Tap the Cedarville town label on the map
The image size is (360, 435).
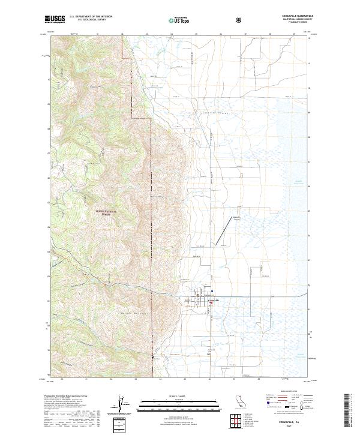pyautogui.click(x=214, y=300)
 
